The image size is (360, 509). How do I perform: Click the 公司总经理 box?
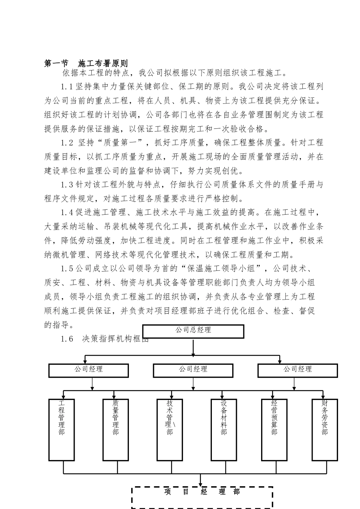(193, 331)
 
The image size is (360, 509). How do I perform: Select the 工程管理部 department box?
(61, 429)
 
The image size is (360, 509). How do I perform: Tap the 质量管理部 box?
(116, 429)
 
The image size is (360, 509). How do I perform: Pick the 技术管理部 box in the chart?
(169, 429)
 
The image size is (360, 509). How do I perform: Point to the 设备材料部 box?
(224, 429)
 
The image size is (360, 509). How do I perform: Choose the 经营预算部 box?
(274, 429)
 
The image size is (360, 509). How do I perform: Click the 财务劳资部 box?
(324, 429)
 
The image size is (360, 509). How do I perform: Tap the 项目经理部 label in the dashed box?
(202, 492)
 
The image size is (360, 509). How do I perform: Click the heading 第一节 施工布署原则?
(86, 63)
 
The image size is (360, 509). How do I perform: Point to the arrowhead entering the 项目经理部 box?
(200, 484)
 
